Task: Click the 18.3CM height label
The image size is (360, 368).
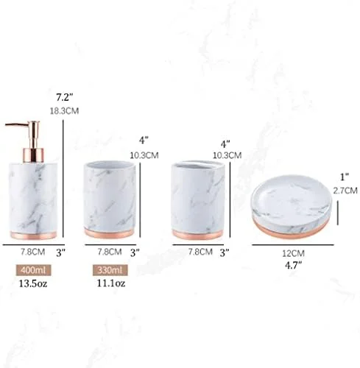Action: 64,111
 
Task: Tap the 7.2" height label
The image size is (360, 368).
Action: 65,97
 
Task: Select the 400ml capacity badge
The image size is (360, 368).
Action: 34,270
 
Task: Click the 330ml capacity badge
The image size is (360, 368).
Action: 110,270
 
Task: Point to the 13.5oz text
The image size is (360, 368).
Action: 33,283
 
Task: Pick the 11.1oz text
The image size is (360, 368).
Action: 111,283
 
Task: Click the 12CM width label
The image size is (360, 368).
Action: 293,253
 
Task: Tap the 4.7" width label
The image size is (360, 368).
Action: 294,265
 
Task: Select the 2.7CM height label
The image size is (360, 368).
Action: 345,191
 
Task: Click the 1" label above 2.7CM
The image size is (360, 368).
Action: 345,177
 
